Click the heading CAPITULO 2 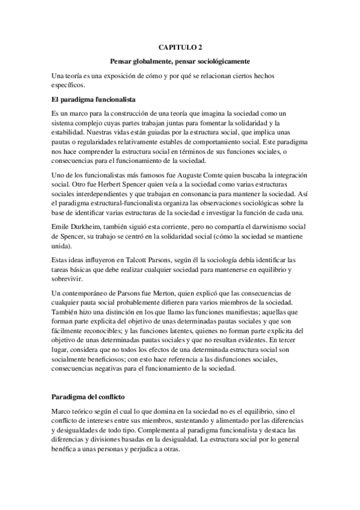click(180, 46)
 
